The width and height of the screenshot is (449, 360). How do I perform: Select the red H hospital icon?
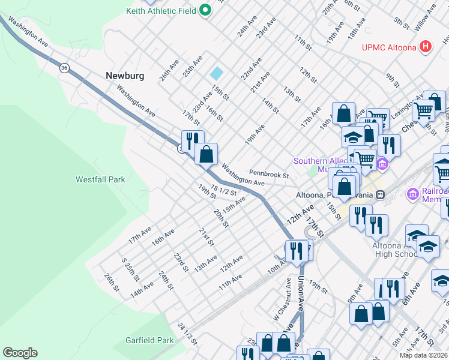click(426, 46)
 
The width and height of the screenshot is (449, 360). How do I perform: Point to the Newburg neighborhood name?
click(124, 76)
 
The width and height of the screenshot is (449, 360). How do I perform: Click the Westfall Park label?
click(100, 179)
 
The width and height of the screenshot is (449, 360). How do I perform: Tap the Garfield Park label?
click(149, 340)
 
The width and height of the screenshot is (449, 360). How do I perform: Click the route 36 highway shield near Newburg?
click(64, 68)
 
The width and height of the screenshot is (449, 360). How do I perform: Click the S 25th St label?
click(130, 271)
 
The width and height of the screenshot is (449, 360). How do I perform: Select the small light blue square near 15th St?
click(217, 74)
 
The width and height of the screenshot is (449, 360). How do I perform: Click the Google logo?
click(20, 353)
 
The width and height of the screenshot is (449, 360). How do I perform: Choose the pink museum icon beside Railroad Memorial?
click(412, 194)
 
